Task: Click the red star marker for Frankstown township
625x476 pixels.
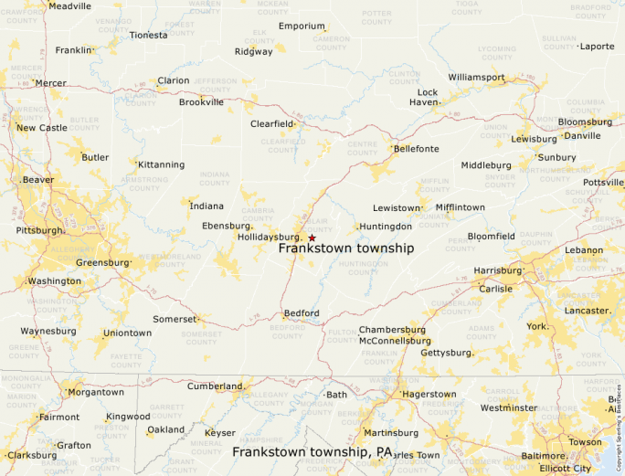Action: point(312,238)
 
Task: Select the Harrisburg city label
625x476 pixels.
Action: point(497,270)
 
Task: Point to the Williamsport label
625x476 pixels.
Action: point(476,78)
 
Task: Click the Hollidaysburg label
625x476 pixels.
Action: point(270,237)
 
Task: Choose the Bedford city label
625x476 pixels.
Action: point(302,313)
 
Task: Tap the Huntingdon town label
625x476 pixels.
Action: point(386,226)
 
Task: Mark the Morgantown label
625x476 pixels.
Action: point(96,392)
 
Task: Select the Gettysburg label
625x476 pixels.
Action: point(446,353)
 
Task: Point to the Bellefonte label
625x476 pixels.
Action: point(416,149)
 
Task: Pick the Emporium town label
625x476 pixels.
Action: point(302,26)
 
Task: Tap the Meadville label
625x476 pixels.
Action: point(69,5)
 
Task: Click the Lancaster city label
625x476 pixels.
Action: point(588,311)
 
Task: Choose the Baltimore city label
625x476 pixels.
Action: point(543,455)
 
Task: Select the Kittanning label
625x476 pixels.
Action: point(161,164)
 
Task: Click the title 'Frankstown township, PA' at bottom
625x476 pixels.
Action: point(312,451)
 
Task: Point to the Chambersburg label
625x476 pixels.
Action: point(393,329)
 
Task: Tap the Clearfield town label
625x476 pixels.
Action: point(273,123)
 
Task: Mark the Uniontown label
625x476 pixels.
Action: point(127,333)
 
